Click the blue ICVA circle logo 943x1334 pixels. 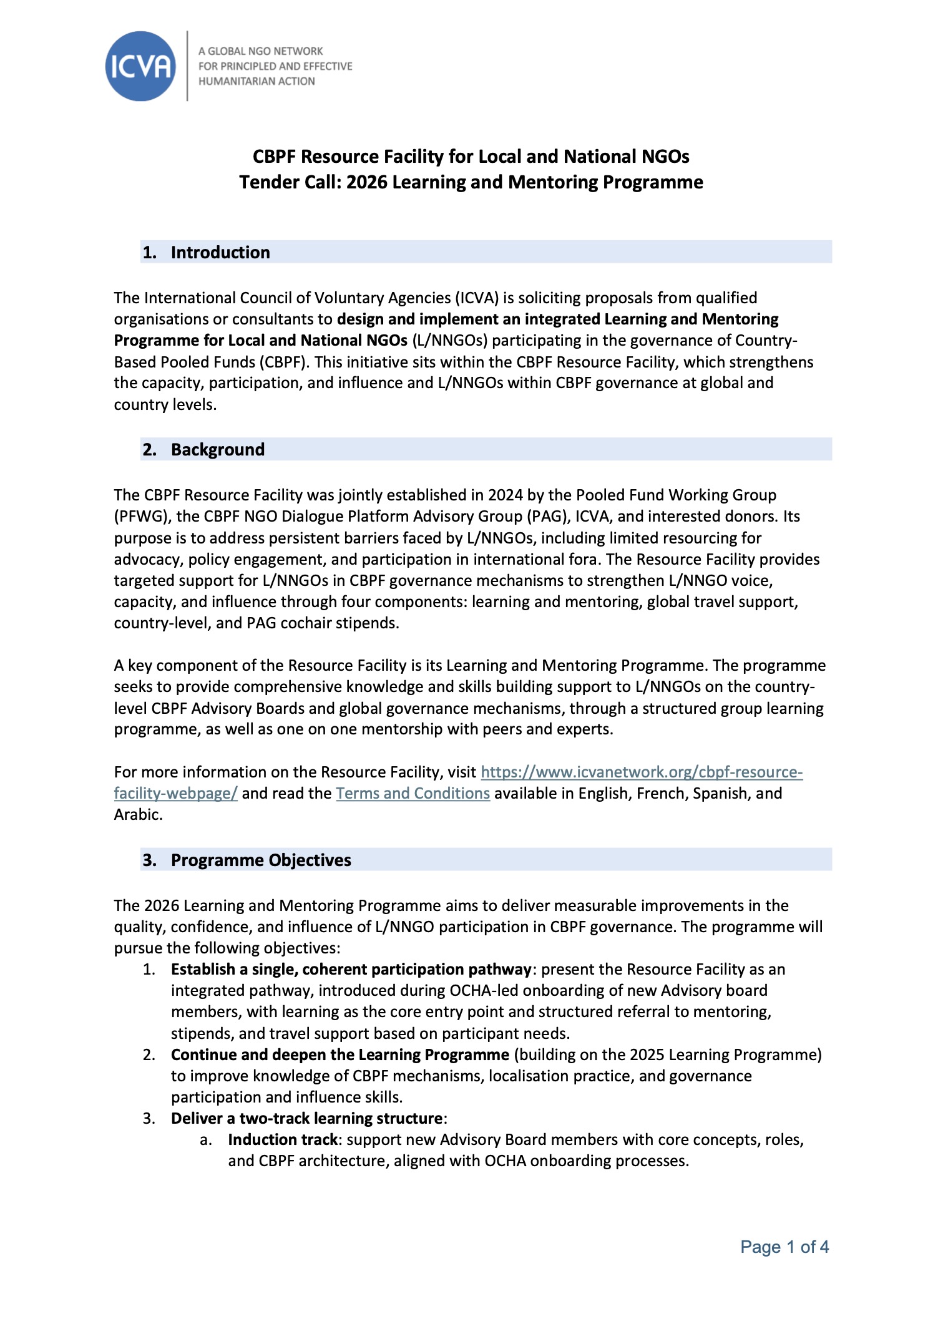tap(140, 66)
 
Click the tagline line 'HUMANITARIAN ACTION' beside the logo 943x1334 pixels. tap(257, 81)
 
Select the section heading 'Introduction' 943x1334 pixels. tap(220, 252)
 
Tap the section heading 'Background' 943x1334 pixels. tap(218, 449)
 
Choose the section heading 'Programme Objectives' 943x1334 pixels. tap(261, 860)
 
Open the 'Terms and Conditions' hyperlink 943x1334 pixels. tap(413, 793)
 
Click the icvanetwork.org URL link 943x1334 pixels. tap(641, 772)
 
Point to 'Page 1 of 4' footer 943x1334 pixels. tap(784, 1247)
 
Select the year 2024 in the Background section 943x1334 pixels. tap(505, 495)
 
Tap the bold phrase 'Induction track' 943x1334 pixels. tap(282, 1139)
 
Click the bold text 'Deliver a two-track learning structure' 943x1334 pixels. tap(307, 1118)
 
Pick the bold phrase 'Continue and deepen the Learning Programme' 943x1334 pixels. tap(340, 1054)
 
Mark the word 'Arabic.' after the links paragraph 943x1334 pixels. tap(138, 814)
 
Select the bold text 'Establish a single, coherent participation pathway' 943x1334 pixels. tap(351, 969)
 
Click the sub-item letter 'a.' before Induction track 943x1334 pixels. tap(206, 1140)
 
